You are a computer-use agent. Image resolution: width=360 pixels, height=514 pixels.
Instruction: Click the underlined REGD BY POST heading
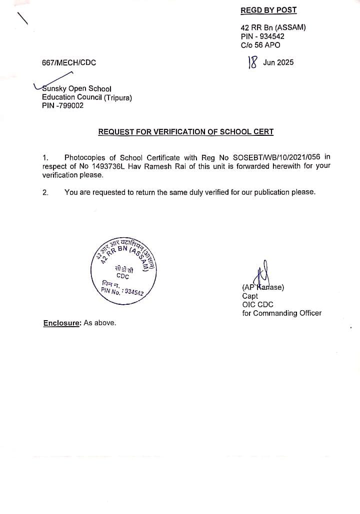(268, 10)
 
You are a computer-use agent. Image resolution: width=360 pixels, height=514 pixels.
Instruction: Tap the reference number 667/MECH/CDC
(69, 63)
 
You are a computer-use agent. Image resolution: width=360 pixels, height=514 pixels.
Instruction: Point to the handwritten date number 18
(252, 62)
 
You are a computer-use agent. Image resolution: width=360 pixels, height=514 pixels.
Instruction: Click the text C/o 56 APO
(260, 45)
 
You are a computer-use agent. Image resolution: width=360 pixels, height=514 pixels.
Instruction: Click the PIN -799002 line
(62, 105)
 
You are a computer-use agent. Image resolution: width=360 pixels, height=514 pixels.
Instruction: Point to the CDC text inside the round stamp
(122, 276)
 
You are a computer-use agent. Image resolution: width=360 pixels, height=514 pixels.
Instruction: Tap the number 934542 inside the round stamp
(134, 292)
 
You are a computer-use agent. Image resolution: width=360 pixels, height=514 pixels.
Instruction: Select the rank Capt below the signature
(250, 296)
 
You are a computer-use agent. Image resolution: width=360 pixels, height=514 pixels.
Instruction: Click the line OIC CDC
(257, 304)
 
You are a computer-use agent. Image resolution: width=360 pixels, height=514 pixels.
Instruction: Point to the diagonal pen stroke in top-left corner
(22, 18)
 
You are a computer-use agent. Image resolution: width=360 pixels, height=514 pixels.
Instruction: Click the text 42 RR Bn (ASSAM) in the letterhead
(273, 27)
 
